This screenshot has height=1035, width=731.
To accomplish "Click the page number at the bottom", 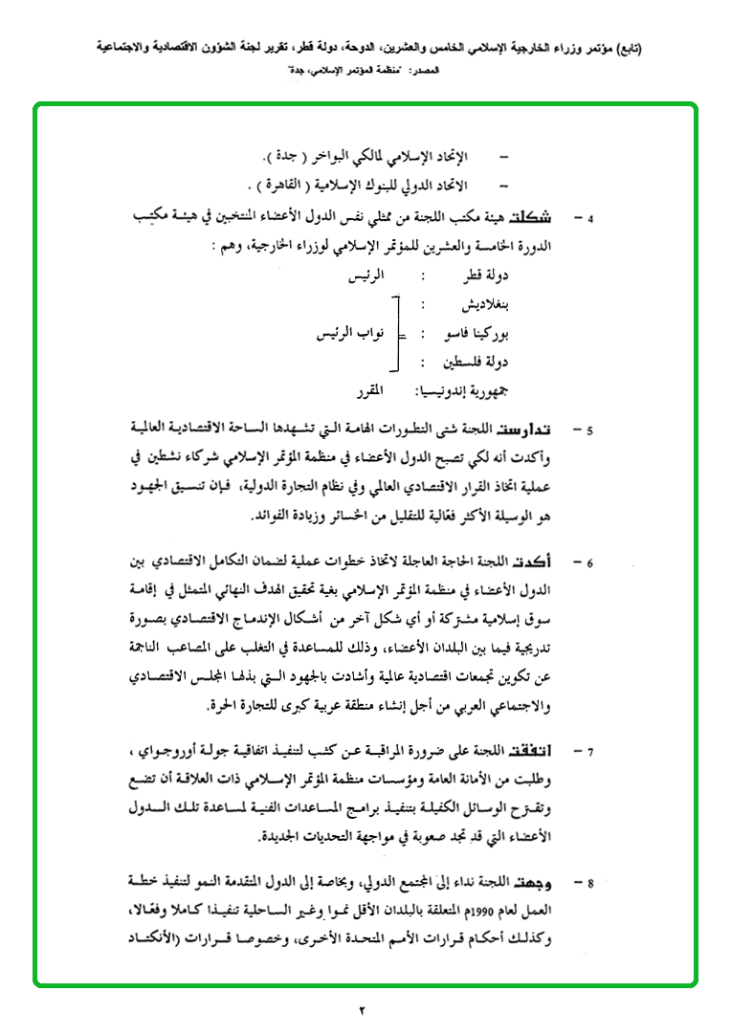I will (364, 1010).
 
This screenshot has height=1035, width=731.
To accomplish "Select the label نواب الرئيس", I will (353, 335).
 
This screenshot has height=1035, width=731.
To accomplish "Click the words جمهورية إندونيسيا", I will (464, 390).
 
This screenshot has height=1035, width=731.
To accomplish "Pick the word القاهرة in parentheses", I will (292, 184).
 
